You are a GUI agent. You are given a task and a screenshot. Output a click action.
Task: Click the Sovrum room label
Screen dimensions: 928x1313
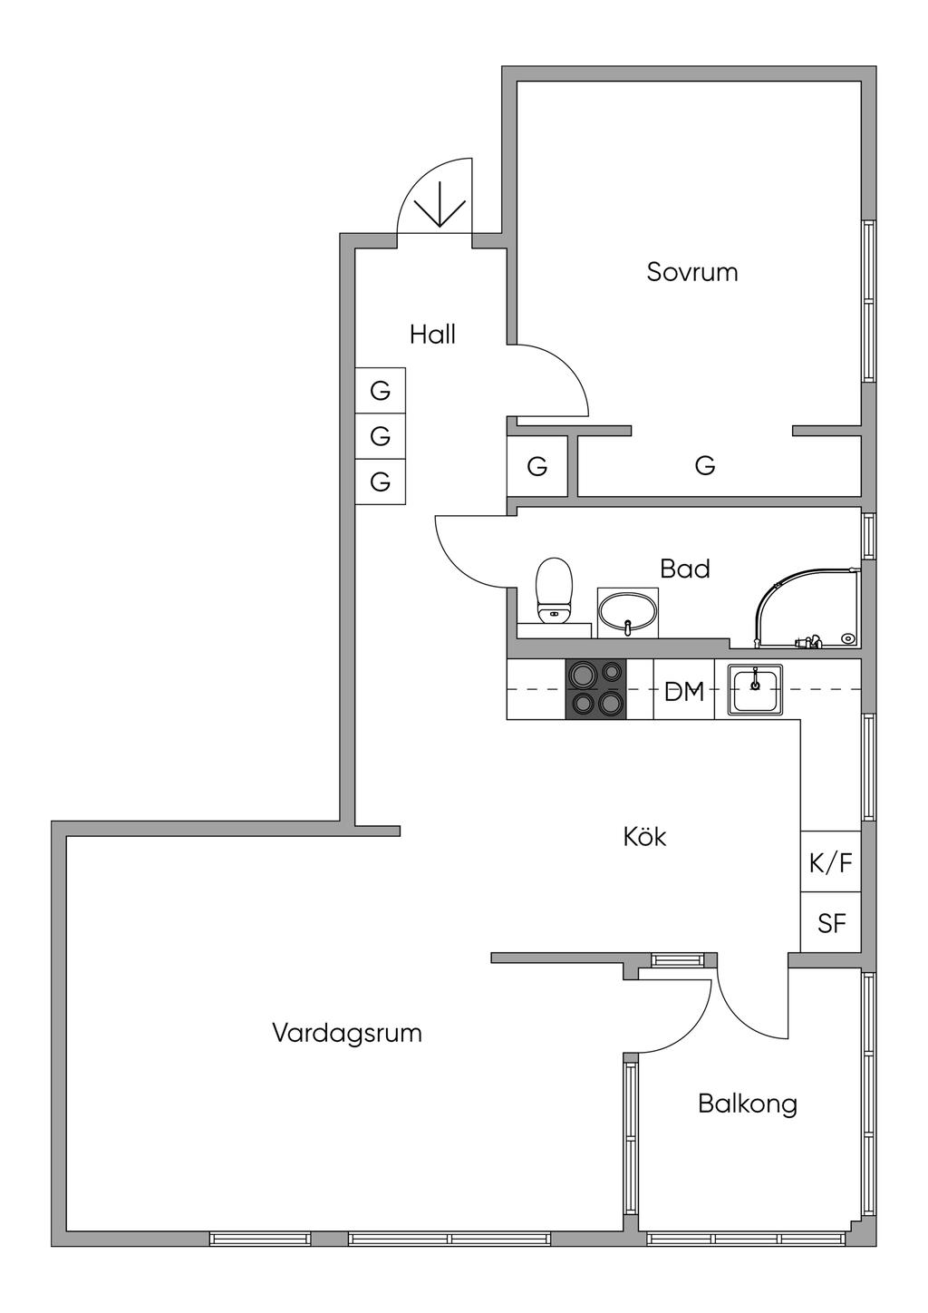[691, 272]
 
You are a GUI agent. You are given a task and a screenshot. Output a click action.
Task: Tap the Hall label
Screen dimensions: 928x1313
[432, 335]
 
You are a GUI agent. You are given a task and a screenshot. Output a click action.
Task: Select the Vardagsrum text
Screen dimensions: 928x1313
[347, 1033]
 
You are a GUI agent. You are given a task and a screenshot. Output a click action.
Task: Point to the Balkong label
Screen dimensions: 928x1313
[748, 1104]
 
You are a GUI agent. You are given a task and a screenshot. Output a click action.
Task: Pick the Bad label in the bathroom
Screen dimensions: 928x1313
[685, 569]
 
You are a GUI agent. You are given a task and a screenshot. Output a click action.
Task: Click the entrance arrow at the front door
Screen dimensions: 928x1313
[440, 204]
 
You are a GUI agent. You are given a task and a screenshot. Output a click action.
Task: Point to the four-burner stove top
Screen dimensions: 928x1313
[595, 689]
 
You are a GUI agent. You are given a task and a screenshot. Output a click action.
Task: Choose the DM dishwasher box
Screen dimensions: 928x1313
[683, 689]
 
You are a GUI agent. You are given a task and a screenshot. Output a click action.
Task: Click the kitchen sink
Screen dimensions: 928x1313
[755, 689]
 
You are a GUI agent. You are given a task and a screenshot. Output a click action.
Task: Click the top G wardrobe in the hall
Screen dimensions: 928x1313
[381, 391]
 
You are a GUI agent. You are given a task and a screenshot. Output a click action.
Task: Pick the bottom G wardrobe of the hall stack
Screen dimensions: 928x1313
[381, 481]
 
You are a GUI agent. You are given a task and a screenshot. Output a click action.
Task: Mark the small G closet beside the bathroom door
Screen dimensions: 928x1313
[537, 467]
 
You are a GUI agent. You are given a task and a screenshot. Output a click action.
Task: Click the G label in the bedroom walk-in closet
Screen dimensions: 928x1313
[705, 466]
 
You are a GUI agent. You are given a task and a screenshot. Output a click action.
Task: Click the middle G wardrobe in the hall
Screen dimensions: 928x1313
[381, 436]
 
